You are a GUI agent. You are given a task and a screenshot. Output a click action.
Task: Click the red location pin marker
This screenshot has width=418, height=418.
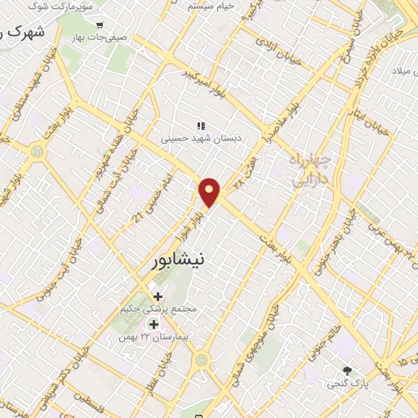tap(211, 191)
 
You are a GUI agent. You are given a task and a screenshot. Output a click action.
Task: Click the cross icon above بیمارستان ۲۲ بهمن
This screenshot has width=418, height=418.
tap(153, 325)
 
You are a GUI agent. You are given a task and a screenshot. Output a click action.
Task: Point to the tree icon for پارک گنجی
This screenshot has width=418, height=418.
tap(349, 370)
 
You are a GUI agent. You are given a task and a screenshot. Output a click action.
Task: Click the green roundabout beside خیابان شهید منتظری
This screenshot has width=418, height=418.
tap(36, 151)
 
